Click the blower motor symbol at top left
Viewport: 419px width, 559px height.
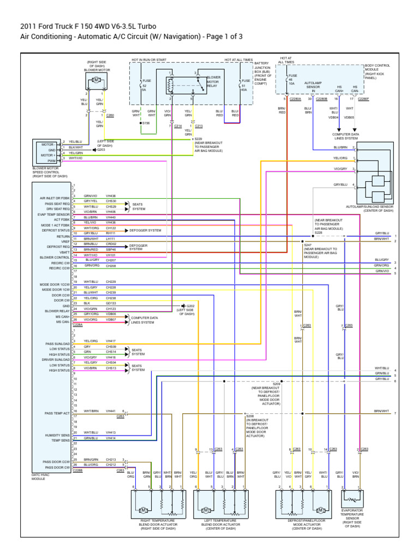[97, 80]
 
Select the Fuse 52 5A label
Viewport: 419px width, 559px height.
[145, 86]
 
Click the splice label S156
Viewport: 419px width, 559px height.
[146, 123]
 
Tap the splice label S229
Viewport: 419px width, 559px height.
[198, 139]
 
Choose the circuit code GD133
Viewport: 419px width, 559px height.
[111, 303]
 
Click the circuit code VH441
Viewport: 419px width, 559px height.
[111, 411]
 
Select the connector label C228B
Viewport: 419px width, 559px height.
[77, 471]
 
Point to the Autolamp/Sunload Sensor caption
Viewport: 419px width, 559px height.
[369, 208]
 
